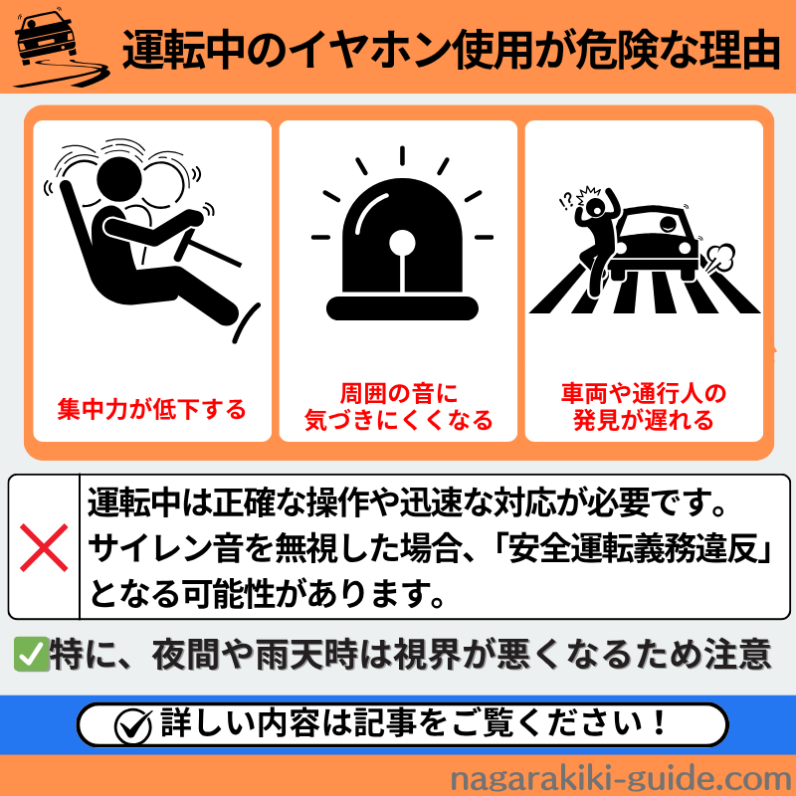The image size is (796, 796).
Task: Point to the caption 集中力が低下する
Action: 151,408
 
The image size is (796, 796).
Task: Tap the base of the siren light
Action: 401,305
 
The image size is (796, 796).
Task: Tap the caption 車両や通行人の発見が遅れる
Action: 643,406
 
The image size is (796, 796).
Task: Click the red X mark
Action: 44,546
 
